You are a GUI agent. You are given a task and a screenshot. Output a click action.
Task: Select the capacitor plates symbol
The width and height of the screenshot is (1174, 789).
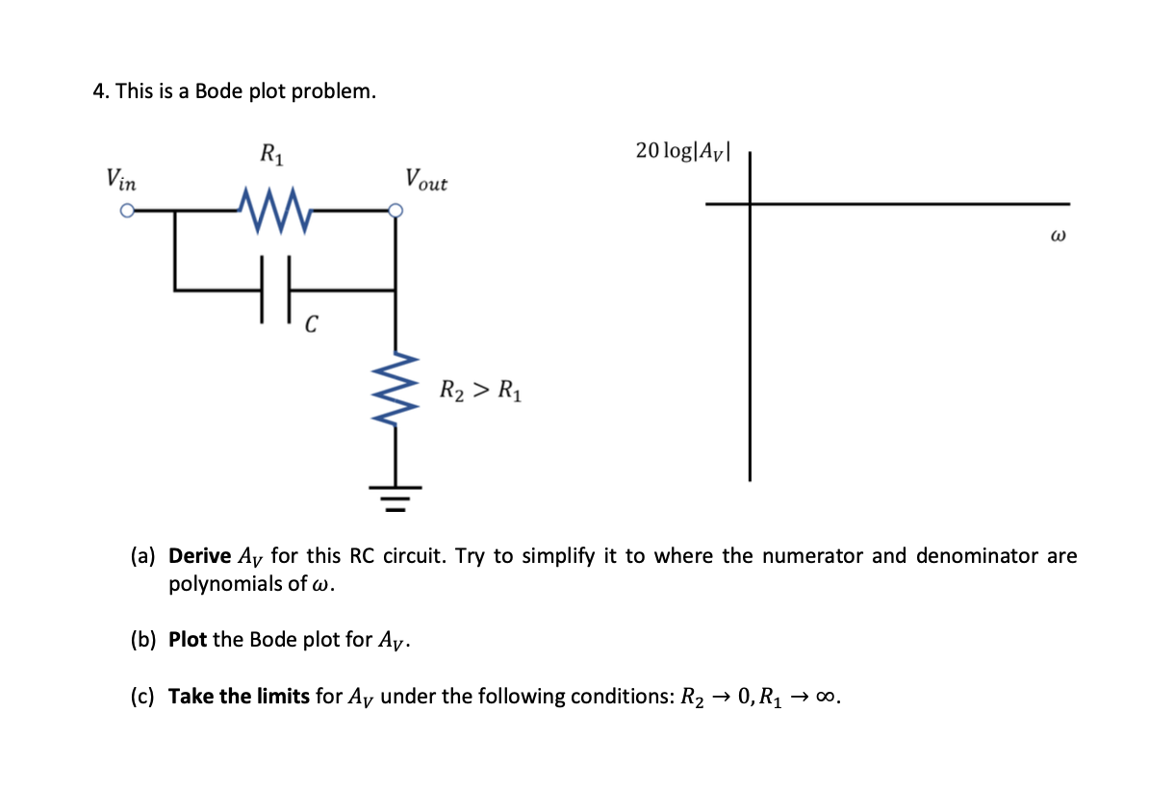pos(276,289)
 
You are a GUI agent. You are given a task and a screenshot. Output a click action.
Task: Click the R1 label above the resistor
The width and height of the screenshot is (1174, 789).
pos(271,152)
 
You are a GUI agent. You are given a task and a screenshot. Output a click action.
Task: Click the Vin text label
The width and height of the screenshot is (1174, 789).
pos(121,179)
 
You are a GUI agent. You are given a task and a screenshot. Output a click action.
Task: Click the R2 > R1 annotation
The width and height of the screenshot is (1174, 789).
pos(481,392)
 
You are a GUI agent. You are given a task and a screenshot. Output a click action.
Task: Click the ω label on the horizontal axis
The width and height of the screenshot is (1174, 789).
pos(1056,234)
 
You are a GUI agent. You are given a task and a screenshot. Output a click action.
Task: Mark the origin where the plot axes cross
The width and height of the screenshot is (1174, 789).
pos(750,204)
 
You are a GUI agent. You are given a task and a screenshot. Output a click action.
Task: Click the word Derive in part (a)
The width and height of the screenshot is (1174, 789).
pos(199,556)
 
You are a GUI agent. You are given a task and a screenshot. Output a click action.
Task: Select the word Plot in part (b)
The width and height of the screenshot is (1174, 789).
pos(188,640)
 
